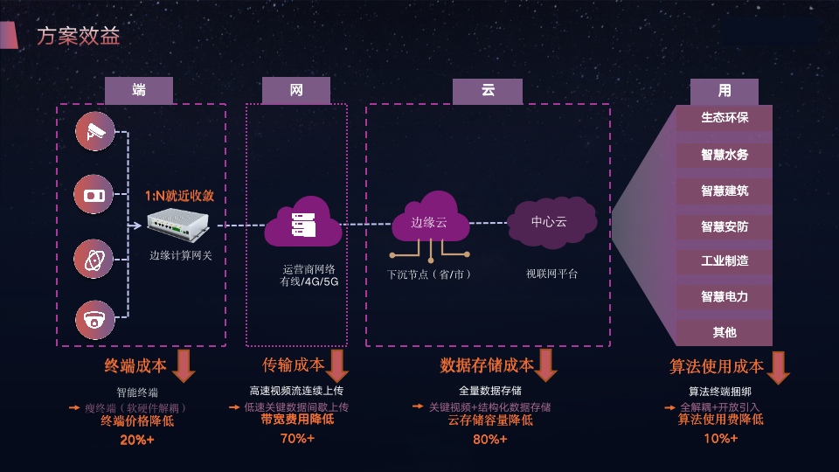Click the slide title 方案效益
[79, 36]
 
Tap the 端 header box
[139, 90]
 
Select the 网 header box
[296, 90]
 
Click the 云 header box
[488, 90]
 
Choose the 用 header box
[725, 90]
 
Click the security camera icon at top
[94, 132]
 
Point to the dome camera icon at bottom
[94, 321]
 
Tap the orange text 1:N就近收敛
[180, 197]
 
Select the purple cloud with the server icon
[301, 224]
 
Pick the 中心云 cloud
[550, 221]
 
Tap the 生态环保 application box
[725, 117]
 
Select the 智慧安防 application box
[725, 226]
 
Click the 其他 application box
[725, 332]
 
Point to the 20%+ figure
[137, 440]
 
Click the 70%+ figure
[297, 438]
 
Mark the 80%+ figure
[489, 439]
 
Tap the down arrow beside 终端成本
[184, 365]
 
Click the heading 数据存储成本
[486, 365]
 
